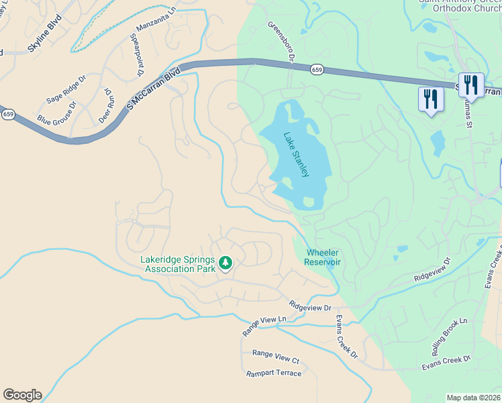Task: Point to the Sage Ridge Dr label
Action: [x=66, y=89]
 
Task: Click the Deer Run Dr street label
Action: [x=105, y=105]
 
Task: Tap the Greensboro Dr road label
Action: [x=282, y=42]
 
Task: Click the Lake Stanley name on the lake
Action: [x=296, y=154]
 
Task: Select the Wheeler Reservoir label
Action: [x=323, y=257]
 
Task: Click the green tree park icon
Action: [x=226, y=262]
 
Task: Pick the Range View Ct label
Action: [x=275, y=357]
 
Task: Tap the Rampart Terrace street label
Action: [x=274, y=373]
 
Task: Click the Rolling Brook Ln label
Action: [x=454, y=337]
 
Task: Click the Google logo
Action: [x=22, y=395]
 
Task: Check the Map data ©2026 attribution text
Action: [x=473, y=398]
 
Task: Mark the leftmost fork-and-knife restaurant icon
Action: [x=430, y=99]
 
